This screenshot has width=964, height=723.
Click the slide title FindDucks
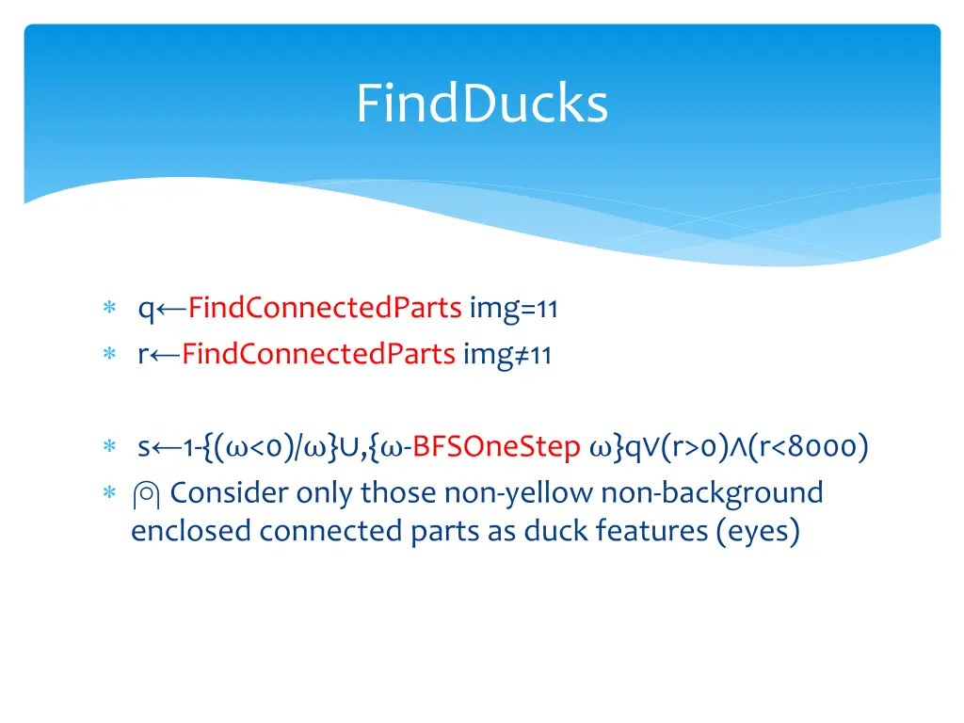(482, 104)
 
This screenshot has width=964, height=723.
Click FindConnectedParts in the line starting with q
(324, 308)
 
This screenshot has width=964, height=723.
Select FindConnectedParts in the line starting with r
(318, 355)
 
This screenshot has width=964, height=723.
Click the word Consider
(230, 492)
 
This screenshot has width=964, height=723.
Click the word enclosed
(191, 531)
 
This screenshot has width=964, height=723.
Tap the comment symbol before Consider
(149, 493)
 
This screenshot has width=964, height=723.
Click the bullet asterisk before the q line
(109, 309)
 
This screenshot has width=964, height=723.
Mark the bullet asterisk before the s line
(109, 447)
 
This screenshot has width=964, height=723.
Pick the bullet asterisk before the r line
(109, 356)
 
